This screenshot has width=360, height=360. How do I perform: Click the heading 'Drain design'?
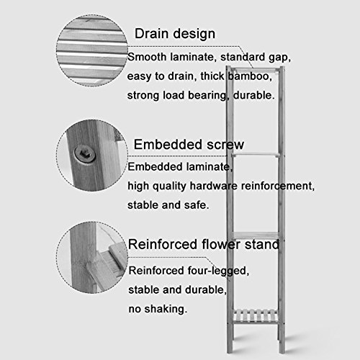(175, 34)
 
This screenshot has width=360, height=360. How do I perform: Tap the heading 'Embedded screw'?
(189, 145)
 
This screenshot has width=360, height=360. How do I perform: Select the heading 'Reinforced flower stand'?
(204, 244)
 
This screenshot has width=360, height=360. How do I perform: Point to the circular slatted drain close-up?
(92, 50)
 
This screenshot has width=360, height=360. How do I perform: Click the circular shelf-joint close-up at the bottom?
(92, 257)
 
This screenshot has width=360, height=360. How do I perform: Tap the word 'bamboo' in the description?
(250, 76)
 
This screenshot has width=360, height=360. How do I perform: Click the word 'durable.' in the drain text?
(254, 95)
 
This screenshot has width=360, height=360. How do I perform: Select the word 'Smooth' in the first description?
(147, 57)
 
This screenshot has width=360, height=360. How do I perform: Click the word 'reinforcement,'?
(278, 186)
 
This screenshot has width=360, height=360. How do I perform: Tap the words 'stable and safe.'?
(168, 205)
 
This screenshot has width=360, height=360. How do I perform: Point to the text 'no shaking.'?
(158, 309)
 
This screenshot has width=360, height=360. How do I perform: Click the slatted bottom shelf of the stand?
(256, 316)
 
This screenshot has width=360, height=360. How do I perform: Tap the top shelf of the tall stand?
(256, 70)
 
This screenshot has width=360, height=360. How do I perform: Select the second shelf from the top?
(256, 155)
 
